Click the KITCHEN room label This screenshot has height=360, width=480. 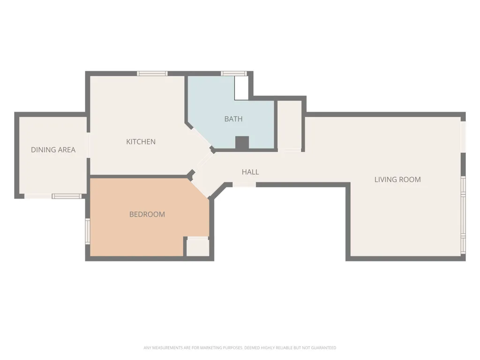(x=141, y=142)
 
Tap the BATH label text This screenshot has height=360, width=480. (x=233, y=119)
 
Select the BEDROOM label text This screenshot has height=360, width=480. (x=147, y=214)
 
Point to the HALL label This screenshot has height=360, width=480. (x=250, y=172)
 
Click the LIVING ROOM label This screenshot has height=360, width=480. (x=397, y=180)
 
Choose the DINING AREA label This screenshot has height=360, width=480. (x=53, y=150)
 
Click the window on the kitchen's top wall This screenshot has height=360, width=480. (x=152, y=74)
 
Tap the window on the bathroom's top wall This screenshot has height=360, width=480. (x=234, y=74)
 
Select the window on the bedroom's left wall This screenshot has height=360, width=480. (x=88, y=231)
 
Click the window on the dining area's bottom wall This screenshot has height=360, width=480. (x=67, y=196)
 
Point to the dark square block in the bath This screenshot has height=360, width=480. (x=242, y=142)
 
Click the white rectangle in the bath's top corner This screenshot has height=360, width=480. (x=241, y=88)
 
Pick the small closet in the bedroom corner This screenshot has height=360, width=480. (x=198, y=247)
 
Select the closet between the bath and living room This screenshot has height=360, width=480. (x=290, y=125)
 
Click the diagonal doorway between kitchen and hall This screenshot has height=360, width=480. (x=204, y=161)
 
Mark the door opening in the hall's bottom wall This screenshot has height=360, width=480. (x=244, y=185)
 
